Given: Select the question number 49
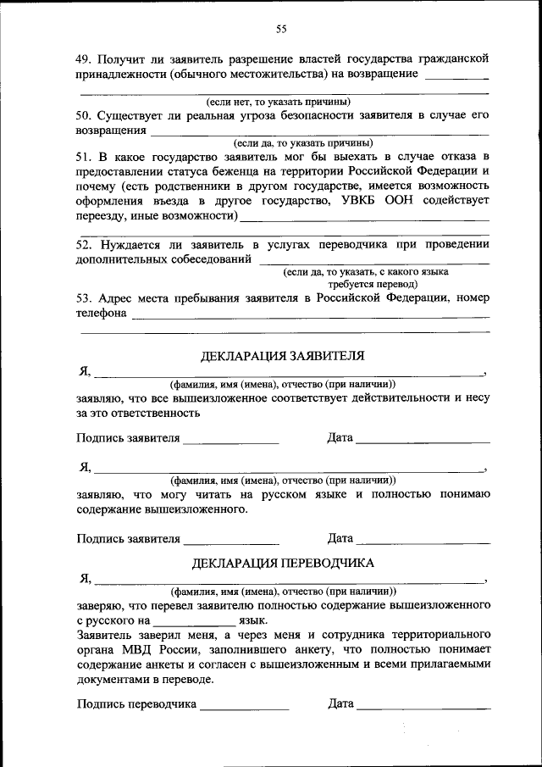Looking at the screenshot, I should (x=83, y=58).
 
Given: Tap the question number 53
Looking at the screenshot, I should (x=83, y=298).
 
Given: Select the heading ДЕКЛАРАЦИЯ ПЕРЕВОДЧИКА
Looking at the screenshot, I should (x=283, y=562).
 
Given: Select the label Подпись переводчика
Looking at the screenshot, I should (x=136, y=703).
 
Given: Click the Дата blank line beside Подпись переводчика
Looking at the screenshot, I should (x=423, y=707).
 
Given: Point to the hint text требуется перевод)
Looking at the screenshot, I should (x=364, y=285).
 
